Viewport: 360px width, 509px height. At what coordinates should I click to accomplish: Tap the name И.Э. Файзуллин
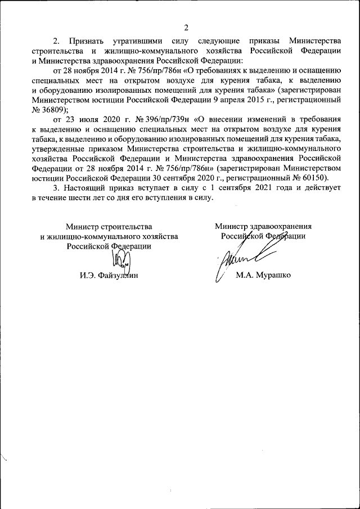tap(109, 276)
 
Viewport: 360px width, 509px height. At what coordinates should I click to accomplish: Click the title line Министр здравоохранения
tap(263, 226)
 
